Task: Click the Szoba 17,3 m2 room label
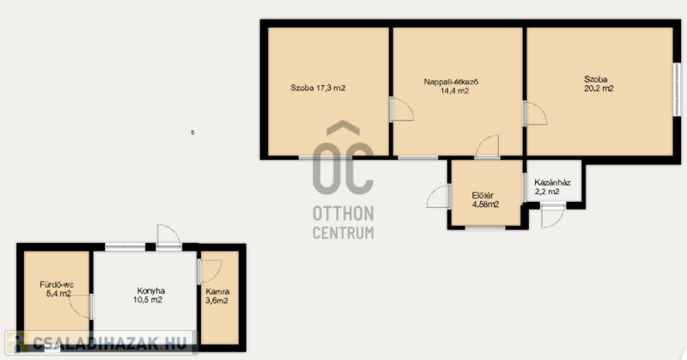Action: pos(318,88)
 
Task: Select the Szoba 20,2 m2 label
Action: pos(599,83)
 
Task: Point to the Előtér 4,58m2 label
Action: pos(485,200)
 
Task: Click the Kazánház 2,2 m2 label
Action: pos(552,187)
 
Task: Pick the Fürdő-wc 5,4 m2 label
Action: pos(57,289)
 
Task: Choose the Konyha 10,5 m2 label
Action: pos(149,295)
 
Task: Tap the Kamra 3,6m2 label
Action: pos(217,296)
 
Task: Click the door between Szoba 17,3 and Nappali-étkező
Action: pos(402,110)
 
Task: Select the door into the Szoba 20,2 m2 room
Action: pos(535,113)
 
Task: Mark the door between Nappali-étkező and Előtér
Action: pos(487,146)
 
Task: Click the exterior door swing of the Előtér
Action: pos(438,197)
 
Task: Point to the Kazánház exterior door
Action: pos(553,216)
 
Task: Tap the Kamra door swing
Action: pos(210,272)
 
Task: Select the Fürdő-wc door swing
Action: pos(81,307)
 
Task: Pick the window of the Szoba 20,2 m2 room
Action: pos(677,90)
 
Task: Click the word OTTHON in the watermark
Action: pos(343,214)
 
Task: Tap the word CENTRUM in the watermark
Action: pos(343,232)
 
